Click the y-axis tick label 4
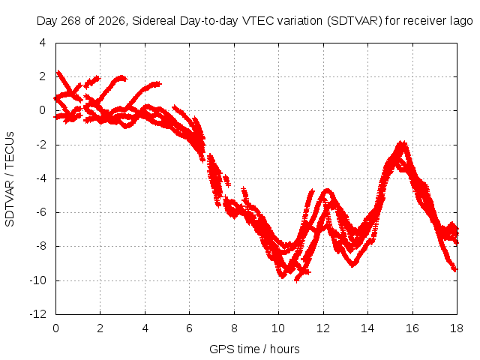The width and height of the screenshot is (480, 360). [x=43, y=43]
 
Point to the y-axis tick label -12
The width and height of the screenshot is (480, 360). [x=38, y=314]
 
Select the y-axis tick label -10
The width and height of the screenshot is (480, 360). [x=38, y=280]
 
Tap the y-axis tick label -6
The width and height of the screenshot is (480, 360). [x=41, y=212]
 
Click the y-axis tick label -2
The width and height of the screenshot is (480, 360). [x=41, y=145]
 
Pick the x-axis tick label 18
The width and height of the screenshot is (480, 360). [x=457, y=328]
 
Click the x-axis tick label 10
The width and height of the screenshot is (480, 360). [x=278, y=328]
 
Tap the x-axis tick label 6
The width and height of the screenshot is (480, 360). [x=189, y=328]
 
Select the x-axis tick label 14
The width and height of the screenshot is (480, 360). [x=367, y=328]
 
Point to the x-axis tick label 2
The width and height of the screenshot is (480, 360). [x=100, y=328]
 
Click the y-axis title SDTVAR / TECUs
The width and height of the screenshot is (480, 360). [x=10, y=179]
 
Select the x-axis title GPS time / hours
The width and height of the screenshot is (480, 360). [x=254, y=349]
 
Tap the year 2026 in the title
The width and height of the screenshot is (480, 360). [x=112, y=21]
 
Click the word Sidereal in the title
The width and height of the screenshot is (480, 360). [x=154, y=21]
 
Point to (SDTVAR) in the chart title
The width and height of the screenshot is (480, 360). [x=355, y=21]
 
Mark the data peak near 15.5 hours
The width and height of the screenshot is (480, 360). [x=402, y=143]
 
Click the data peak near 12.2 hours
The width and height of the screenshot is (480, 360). [x=328, y=190]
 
